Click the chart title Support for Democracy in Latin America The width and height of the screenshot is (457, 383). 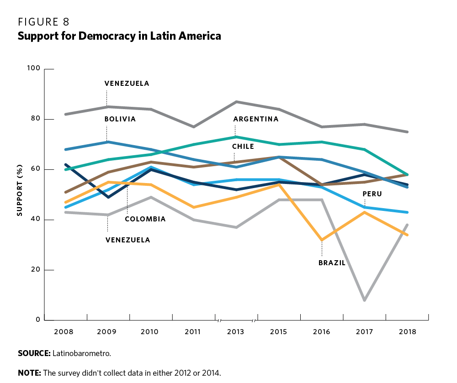pos(119,36)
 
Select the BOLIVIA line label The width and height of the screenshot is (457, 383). pos(120,119)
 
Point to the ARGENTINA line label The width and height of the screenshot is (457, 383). pos(256,119)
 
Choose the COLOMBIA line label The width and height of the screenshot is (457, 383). pos(145,219)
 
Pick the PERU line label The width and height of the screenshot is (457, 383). pos(372,194)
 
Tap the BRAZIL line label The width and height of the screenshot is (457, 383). pos(332,263)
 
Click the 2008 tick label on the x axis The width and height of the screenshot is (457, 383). pos(65,332)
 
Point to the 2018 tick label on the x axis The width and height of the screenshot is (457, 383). pos(407,332)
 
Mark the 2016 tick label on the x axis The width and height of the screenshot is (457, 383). pos(321,332)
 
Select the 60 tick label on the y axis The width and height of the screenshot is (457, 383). pos(37,169)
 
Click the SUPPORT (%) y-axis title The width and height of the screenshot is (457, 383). pos(20,194)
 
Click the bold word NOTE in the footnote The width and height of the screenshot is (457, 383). pos(29,373)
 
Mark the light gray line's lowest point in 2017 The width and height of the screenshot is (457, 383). pos(364,300)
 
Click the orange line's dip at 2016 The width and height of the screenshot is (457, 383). pos(322,240)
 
